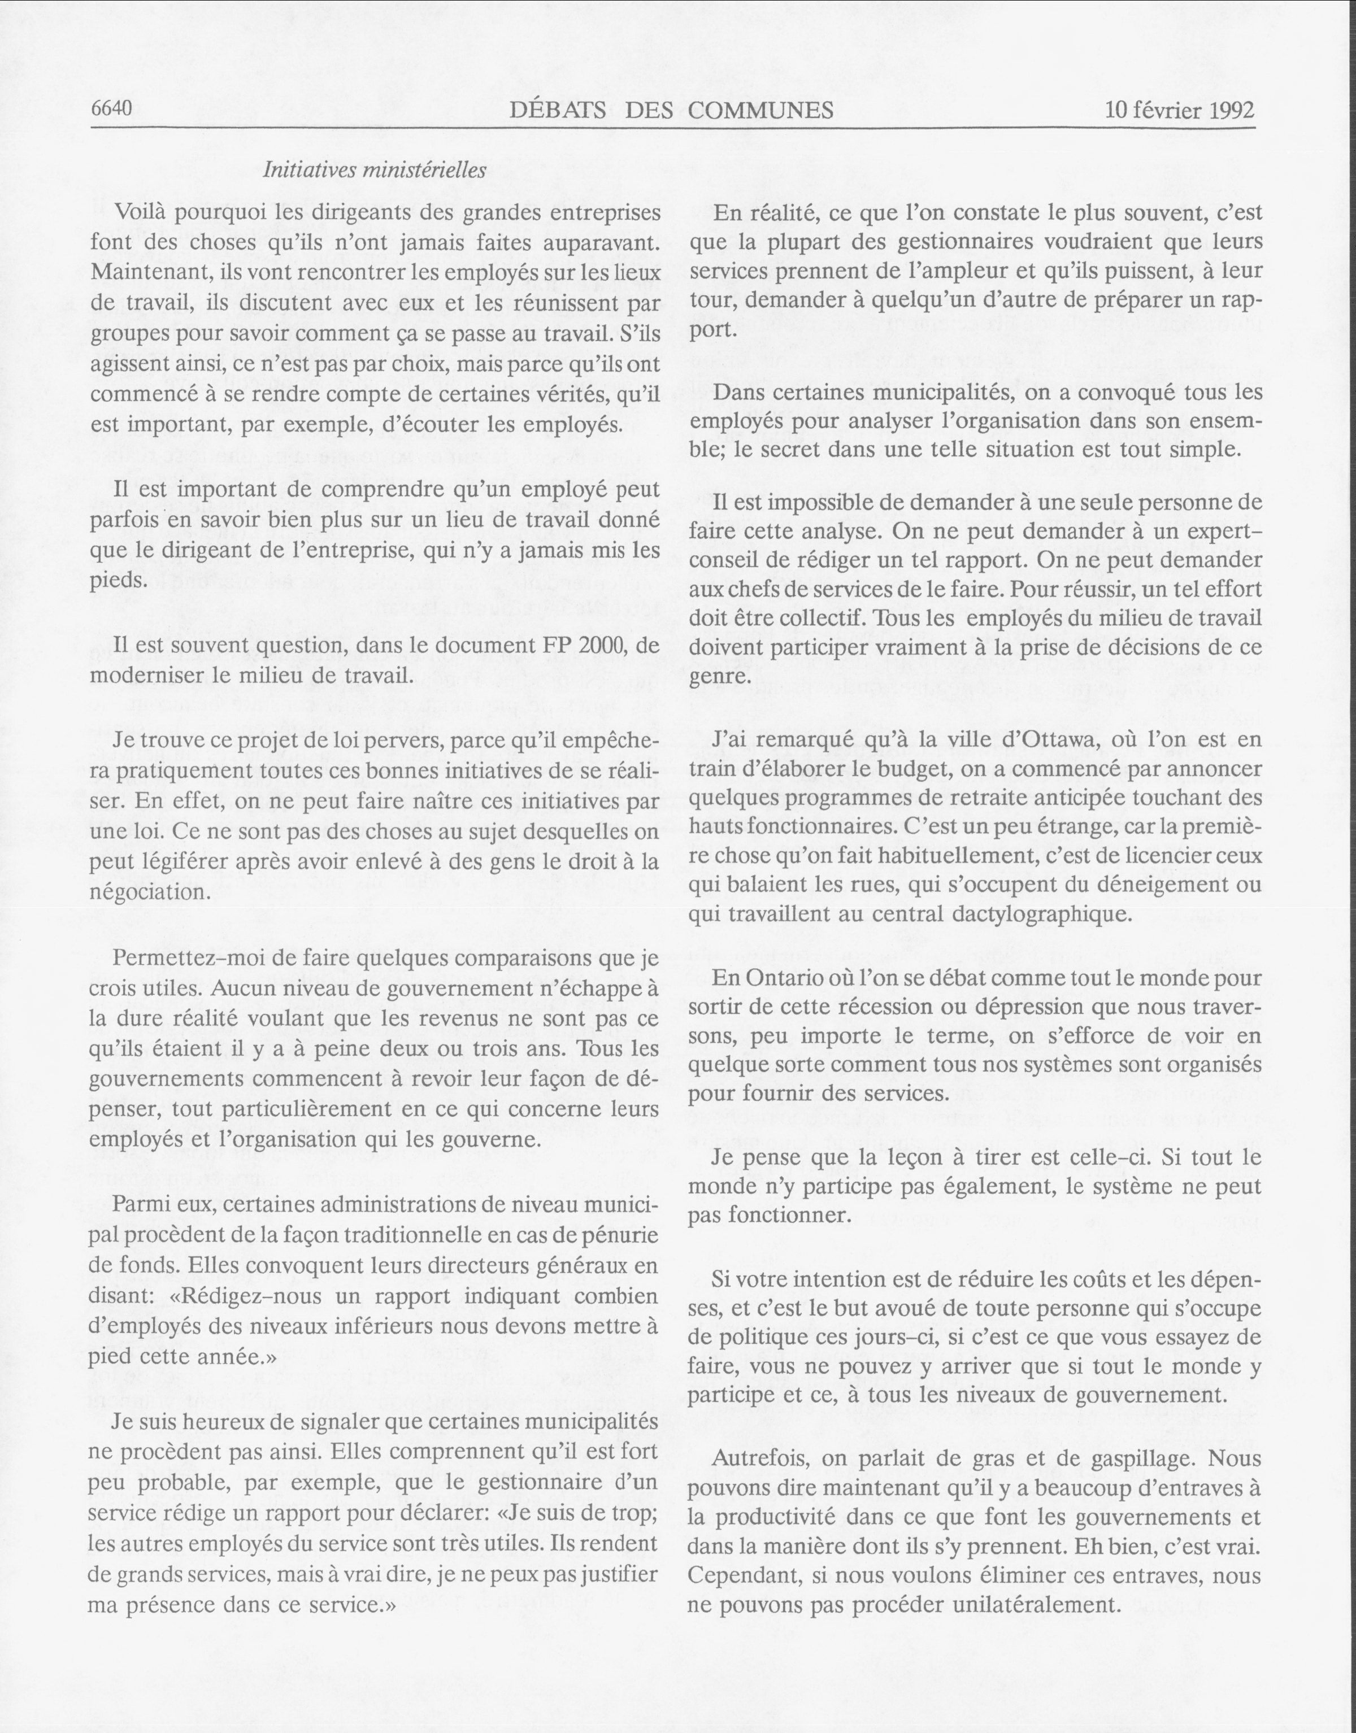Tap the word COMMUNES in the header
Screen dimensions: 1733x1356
pyautogui.click(x=760, y=110)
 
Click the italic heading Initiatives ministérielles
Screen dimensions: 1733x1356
pyautogui.click(x=374, y=170)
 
